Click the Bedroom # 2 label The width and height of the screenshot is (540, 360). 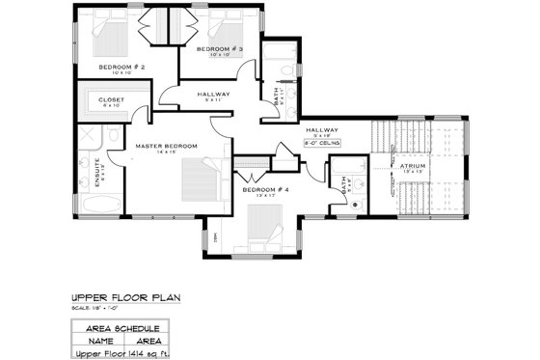coord(121,67)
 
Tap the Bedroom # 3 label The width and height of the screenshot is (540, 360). coord(219,48)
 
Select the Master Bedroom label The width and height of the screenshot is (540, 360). coord(166,146)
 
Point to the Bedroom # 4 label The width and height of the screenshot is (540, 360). coord(266,190)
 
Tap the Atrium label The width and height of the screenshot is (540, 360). coord(415,166)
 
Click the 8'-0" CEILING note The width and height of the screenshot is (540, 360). coord(320,142)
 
